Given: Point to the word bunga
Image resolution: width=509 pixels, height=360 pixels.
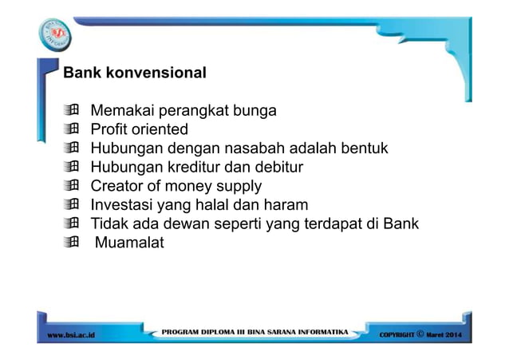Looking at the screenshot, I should [x=254, y=110].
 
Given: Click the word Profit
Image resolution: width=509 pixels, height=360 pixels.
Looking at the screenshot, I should [x=108, y=129].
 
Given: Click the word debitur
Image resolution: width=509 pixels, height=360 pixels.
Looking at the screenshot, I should [x=276, y=168].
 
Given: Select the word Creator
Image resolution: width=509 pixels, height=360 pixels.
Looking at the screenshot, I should [x=118, y=187].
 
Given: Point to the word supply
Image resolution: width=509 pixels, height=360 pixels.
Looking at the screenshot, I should [x=238, y=187].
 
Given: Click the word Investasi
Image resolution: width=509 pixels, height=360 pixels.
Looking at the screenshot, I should [x=124, y=205].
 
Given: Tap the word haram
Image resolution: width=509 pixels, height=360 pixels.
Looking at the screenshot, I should [x=284, y=205].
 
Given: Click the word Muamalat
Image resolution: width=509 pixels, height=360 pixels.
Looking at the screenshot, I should [x=129, y=243].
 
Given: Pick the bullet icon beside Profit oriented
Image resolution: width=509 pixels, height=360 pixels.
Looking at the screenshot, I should [x=73, y=129].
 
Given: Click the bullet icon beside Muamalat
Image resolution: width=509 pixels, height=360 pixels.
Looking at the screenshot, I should [x=73, y=243].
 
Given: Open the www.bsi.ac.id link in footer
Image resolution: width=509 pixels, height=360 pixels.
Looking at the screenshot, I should [x=72, y=334].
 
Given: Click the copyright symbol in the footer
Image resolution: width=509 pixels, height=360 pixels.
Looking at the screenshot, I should [x=420, y=333].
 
